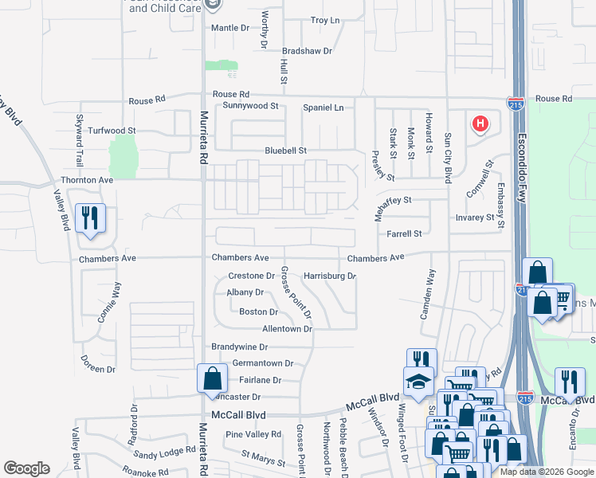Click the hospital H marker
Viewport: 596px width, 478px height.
(480, 123)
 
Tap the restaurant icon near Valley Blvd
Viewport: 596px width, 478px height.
(89, 217)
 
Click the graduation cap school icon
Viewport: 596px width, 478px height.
(418, 382)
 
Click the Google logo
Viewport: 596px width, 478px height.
(26, 468)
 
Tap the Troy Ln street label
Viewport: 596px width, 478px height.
(324, 20)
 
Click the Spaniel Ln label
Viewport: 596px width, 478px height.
(323, 108)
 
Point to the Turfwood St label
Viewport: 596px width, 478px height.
(112, 130)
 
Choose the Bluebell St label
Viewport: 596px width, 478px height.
(286, 151)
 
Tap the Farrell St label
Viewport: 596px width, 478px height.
(404, 234)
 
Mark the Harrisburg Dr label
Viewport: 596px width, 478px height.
(329, 276)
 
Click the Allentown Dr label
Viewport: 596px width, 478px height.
(287, 329)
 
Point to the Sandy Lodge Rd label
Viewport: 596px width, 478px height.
(165, 453)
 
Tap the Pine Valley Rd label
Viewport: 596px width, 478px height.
(253, 435)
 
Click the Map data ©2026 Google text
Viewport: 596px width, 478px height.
(545, 471)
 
